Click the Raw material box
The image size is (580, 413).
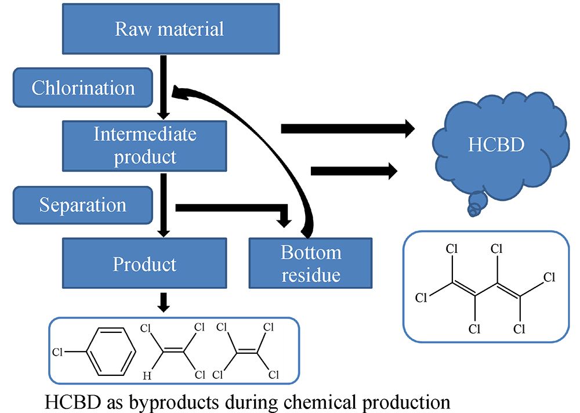[169, 28]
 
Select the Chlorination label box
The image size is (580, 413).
[83, 88]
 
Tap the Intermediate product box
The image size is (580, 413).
[145, 145]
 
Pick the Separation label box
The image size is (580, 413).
[83, 205]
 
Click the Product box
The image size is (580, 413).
[145, 264]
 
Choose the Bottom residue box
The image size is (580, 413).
[310, 264]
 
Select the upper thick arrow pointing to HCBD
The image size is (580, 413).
[348, 128]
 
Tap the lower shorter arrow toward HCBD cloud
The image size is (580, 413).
[354, 171]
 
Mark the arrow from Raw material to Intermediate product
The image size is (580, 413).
[164, 87]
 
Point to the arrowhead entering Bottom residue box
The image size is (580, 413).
[284, 222]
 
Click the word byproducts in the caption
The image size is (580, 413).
[172, 401]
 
